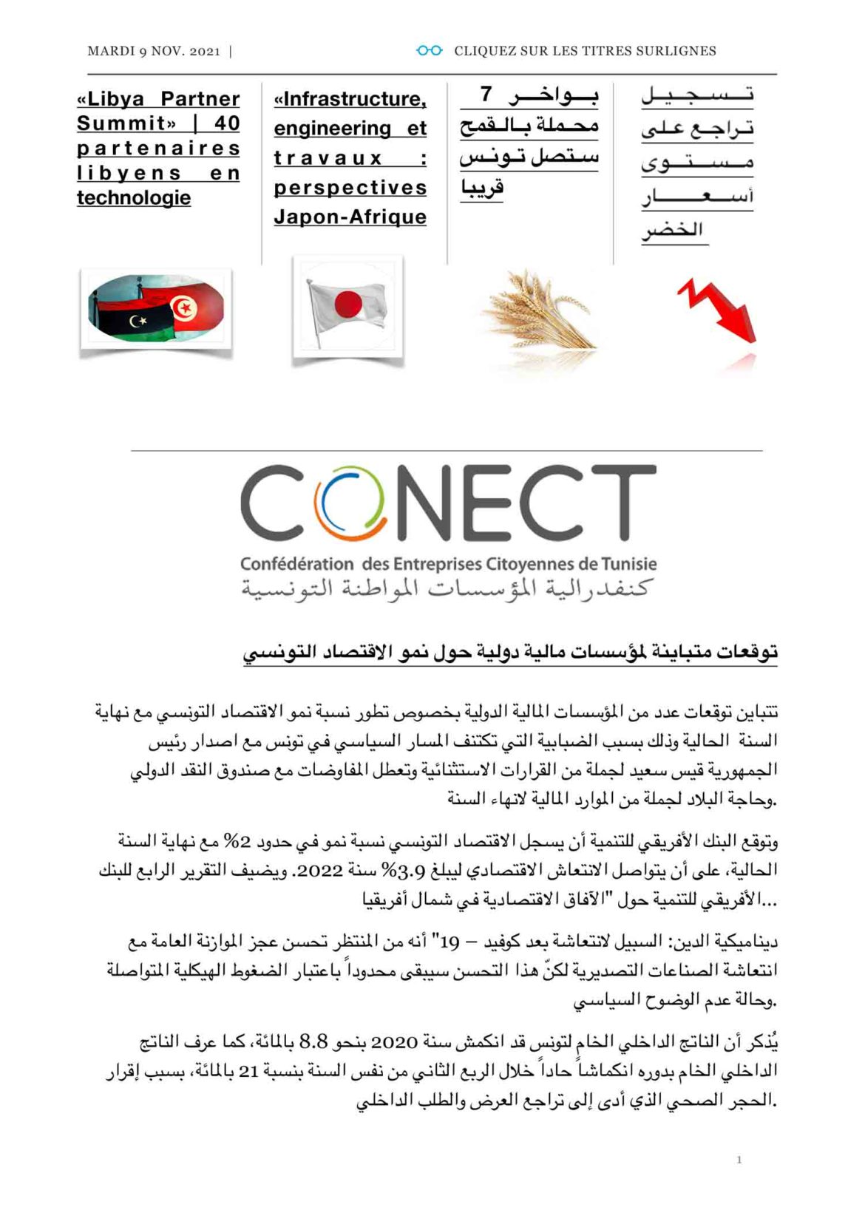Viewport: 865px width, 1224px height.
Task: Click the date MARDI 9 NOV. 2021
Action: [154, 51]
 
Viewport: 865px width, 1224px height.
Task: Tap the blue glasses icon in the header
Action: [429, 51]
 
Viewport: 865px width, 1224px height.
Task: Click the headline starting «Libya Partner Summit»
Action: [158, 148]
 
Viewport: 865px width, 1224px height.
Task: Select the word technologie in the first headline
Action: [134, 197]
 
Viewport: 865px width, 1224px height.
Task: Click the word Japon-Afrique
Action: [350, 217]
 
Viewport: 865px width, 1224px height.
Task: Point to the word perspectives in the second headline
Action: [350, 188]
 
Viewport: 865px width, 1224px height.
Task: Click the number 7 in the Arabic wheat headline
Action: [486, 95]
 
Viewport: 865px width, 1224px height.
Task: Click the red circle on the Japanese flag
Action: [348, 303]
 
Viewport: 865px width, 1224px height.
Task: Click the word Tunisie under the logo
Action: [629, 564]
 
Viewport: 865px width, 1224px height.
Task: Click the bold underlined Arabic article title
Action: [510, 653]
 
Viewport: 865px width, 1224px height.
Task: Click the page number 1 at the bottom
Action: [739, 1160]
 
